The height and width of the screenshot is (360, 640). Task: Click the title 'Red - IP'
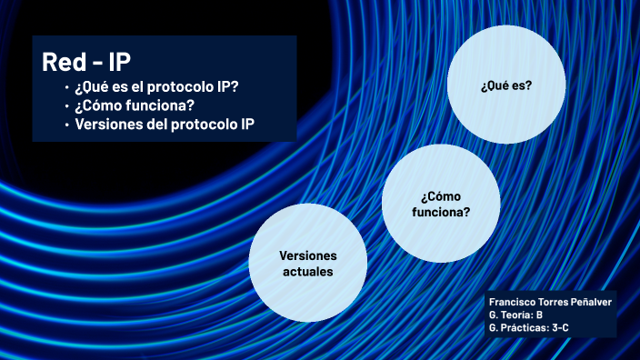click(x=86, y=62)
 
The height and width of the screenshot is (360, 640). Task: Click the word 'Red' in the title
click(x=62, y=62)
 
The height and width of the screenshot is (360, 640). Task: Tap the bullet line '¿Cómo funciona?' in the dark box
click(x=135, y=105)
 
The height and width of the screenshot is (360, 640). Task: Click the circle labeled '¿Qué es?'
click(x=506, y=85)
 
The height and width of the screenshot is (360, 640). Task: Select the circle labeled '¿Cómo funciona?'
click(x=441, y=205)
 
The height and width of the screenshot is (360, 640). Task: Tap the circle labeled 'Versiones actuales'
click(x=306, y=264)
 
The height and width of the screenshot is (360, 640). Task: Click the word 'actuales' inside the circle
click(x=306, y=272)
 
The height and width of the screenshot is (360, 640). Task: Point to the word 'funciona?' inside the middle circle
click(x=441, y=213)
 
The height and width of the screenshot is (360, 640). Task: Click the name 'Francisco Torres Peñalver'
click(x=550, y=301)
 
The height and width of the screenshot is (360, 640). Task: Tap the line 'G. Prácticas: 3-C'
click(x=529, y=326)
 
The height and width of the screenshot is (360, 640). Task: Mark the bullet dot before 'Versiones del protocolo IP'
click(x=66, y=124)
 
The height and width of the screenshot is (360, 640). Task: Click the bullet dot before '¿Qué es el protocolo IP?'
click(x=66, y=88)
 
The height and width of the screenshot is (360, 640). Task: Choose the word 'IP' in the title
click(x=119, y=62)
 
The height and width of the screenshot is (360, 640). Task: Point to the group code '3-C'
click(x=560, y=326)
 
